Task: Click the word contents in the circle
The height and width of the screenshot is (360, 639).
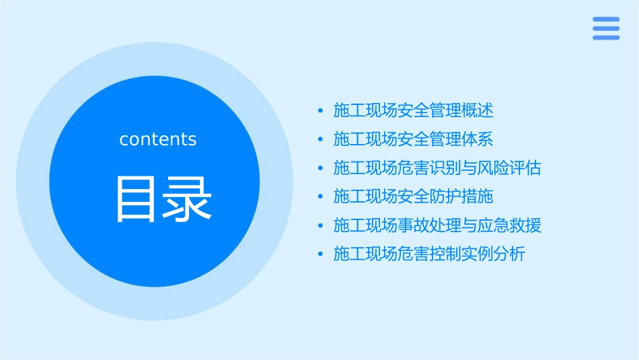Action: (158, 139)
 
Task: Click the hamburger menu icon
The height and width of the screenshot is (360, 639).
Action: (605, 28)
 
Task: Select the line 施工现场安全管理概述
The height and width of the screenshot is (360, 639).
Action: (413, 110)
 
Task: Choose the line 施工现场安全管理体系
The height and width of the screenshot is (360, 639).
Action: (413, 139)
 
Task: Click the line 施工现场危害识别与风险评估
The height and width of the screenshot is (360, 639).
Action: (437, 168)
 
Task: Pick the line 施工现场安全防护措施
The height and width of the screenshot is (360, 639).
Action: (413, 196)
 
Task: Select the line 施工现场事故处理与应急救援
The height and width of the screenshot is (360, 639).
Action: (437, 225)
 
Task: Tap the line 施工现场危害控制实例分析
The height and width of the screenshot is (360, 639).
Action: (429, 254)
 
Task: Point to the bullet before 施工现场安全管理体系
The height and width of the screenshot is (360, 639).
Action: (320, 140)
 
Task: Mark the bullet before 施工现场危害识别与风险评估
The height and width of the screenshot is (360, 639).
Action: (320, 168)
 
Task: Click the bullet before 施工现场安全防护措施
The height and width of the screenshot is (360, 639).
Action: (320, 197)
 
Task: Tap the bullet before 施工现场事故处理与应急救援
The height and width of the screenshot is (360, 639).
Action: (320, 226)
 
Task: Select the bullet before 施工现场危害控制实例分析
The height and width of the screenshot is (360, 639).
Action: (320, 255)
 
